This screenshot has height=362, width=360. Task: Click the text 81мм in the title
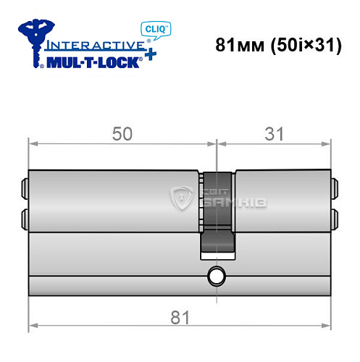tap(239, 43)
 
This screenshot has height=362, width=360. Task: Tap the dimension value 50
tap(122, 134)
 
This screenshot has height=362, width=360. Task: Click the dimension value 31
tap(272, 134)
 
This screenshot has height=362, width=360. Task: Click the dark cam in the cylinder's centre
tap(215, 214)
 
